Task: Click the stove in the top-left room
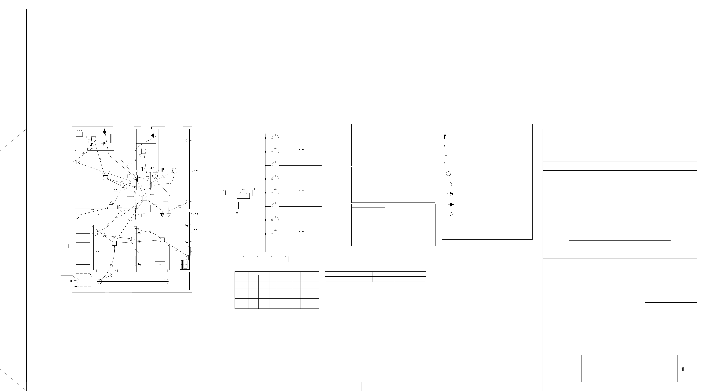pyautogui.click(x=80, y=133)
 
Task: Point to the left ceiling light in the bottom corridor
pyautogui.click(x=99, y=281)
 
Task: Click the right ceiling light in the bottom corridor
pyautogui.click(x=166, y=281)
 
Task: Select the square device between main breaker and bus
pyautogui.click(x=255, y=193)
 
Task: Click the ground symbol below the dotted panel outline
pyautogui.click(x=289, y=262)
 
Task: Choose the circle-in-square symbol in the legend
pyautogui.click(x=448, y=173)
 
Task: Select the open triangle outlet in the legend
pyautogui.click(x=451, y=214)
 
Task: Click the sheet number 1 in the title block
pyautogui.click(x=682, y=369)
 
